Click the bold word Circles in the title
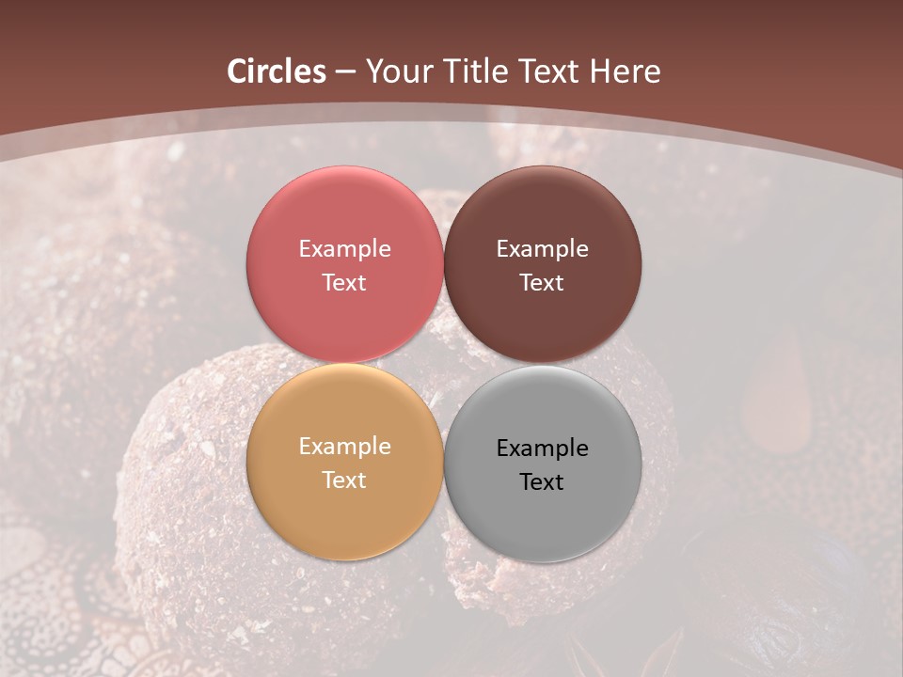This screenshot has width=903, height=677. [277, 71]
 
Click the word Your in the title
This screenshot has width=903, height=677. [396, 71]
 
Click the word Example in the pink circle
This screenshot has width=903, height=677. [344, 249]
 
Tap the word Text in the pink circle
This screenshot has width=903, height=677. [344, 283]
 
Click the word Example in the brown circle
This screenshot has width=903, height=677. [543, 249]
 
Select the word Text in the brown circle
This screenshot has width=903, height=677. [543, 283]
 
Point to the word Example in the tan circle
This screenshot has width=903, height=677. [344, 447]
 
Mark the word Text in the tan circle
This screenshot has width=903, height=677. [344, 480]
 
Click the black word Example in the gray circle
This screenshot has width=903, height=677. [543, 449]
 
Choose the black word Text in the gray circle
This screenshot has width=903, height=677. [543, 482]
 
